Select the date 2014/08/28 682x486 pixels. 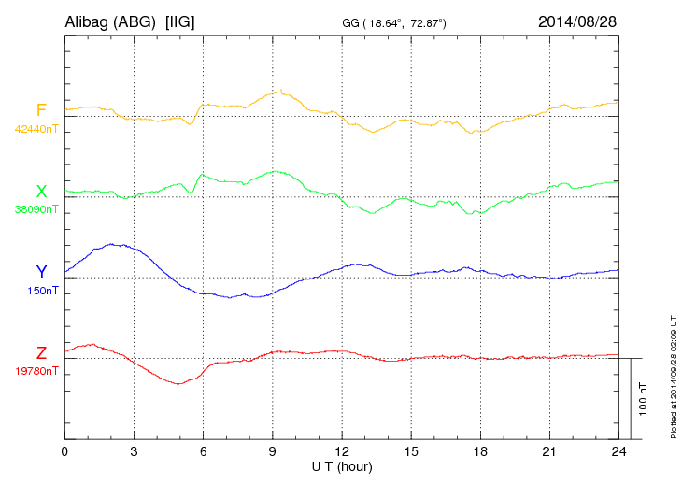[x=577, y=21]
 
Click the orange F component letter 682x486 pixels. [x=41, y=111]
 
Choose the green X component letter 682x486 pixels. [x=41, y=192]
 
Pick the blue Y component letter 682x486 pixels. [x=41, y=272]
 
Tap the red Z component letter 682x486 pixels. [x=41, y=353]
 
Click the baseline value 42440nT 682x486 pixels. [x=36, y=129]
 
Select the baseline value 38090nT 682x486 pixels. [x=36, y=209]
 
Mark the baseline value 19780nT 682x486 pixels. [x=36, y=371]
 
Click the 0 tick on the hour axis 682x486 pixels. [x=64, y=452]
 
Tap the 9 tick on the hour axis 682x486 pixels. [x=273, y=452]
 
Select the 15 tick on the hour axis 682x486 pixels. [x=411, y=452]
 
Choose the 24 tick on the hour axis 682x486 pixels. [x=619, y=452]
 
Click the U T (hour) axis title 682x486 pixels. [x=342, y=465]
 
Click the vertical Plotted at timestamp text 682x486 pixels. [x=674, y=374]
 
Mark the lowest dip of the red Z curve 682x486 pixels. [x=177, y=384]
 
